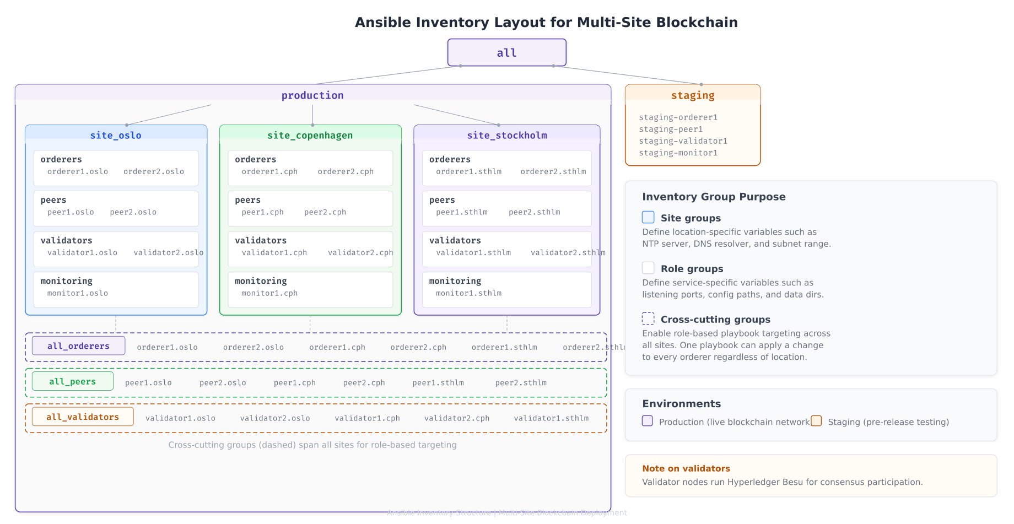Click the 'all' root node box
click(506, 53)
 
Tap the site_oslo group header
click(116, 135)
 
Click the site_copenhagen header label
click(310, 135)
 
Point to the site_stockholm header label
click(507, 135)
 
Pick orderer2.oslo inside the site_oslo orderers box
click(154, 171)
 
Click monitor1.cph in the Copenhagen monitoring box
click(269, 293)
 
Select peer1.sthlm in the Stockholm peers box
click(462, 212)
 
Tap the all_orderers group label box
click(78, 346)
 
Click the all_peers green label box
click(72, 381)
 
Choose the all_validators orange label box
click(83, 417)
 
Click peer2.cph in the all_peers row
click(364, 383)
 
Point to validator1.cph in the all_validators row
click(367, 418)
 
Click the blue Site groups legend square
click(648, 217)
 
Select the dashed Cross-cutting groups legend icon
click(648, 318)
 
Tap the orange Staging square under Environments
click(816, 421)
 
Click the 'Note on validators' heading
click(686, 468)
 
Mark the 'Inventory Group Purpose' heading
click(714, 197)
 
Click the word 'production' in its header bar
click(312, 95)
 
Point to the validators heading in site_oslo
click(66, 240)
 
